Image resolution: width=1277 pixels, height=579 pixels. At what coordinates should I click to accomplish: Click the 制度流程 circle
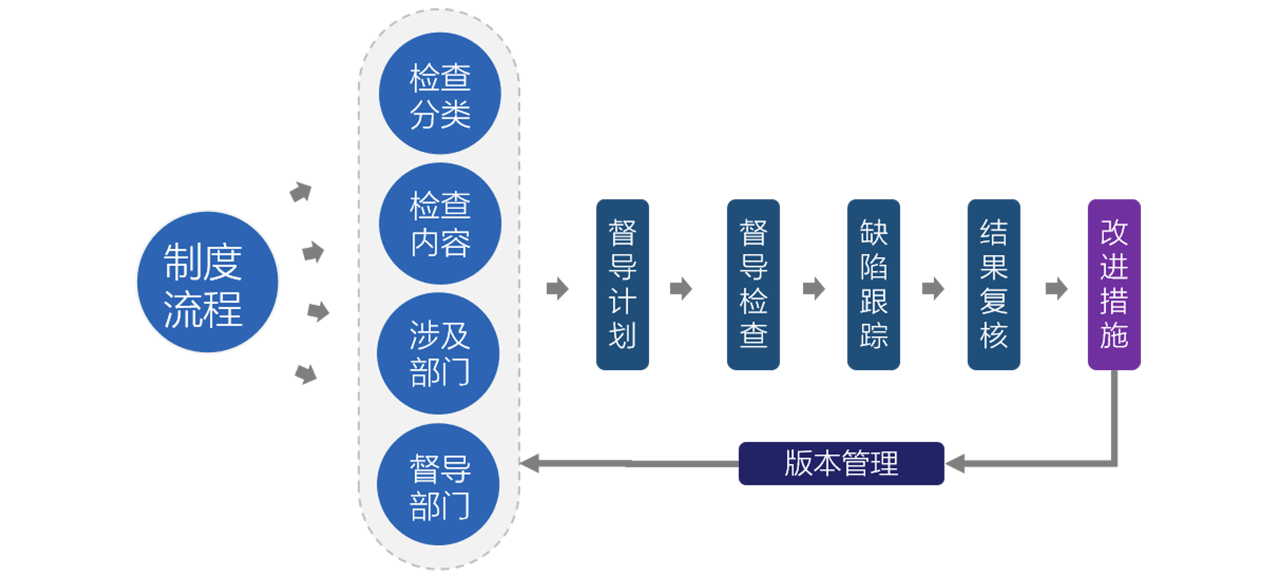tap(207, 282)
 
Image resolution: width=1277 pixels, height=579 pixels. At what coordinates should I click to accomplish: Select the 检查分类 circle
tap(440, 94)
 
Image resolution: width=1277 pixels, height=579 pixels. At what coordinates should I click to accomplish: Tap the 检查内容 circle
tap(440, 224)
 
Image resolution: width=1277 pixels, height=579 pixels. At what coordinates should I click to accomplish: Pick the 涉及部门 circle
tap(438, 353)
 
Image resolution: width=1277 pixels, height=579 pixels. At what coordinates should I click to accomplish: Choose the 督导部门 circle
tap(438, 484)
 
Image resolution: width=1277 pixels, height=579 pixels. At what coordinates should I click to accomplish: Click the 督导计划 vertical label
tap(622, 283)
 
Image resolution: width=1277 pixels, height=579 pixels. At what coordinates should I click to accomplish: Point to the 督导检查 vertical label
tap(754, 283)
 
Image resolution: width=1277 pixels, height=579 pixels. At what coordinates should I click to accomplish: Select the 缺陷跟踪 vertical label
tap(874, 283)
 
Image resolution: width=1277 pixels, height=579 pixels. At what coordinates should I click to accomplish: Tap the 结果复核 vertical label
tap(994, 283)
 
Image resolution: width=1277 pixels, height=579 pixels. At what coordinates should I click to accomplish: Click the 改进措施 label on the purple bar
tap(1114, 283)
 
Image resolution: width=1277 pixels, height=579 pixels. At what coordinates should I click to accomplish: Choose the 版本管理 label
tap(841, 464)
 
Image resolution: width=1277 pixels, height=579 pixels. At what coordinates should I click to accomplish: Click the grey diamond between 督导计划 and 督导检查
tap(684, 289)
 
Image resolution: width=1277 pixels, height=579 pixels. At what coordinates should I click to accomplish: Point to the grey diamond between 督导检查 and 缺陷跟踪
tap(813, 289)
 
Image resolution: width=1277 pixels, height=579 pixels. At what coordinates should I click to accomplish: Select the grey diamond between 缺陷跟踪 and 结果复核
tap(933, 289)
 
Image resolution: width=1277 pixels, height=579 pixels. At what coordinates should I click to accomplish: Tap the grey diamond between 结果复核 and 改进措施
tap(1055, 289)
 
